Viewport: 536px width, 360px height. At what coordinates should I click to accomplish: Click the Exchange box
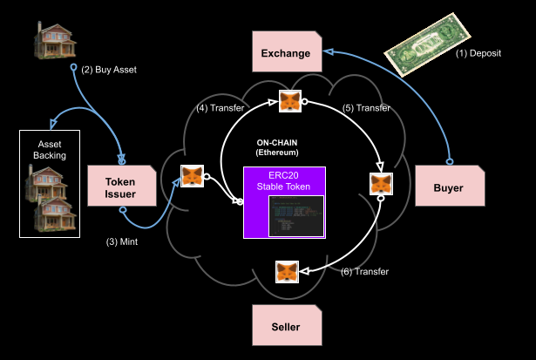pos(286,53)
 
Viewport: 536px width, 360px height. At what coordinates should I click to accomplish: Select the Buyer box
pos(450,187)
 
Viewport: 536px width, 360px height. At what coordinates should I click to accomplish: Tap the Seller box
pos(286,327)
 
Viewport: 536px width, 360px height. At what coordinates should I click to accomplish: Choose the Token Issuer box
pos(121,187)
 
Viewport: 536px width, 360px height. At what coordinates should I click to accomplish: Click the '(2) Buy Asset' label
pos(109,69)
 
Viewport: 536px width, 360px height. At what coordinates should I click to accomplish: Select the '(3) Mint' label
pos(121,241)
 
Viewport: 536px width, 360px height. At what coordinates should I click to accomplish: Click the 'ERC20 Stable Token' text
pos(283,180)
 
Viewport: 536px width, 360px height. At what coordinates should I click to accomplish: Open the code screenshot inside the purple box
pos(295,215)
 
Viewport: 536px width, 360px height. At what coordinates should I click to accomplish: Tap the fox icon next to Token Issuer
pos(193,177)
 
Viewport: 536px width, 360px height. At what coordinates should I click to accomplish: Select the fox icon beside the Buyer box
pos(381,185)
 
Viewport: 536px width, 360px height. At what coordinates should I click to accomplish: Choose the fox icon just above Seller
pos(288,272)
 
